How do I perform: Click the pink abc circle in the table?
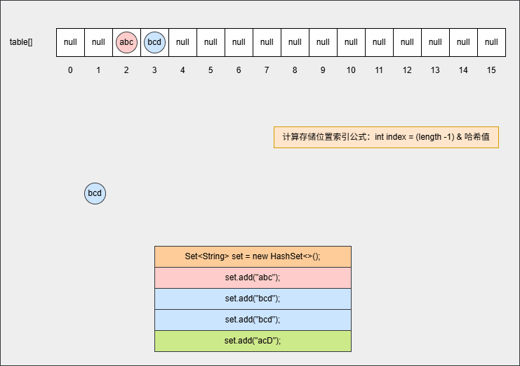click(126, 42)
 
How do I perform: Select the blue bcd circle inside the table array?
click(154, 42)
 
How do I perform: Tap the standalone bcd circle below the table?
click(95, 193)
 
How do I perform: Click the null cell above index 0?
click(70, 42)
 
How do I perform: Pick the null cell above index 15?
click(491, 42)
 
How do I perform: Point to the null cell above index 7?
click(267, 42)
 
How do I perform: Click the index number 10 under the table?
click(351, 70)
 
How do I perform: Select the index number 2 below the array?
click(126, 70)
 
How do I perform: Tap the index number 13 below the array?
click(435, 70)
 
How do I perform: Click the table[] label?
click(21, 42)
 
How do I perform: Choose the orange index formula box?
click(386, 137)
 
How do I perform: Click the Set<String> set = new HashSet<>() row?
click(253, 256)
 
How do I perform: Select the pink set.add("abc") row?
click(253, 277)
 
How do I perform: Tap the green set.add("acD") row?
click(253, 341)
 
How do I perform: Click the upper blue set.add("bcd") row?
click(253, 299)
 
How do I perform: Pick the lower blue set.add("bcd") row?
click(253, 320)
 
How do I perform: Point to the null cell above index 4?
click(182, 42)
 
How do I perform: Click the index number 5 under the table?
click(211, 70)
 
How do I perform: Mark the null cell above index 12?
click(407, 42)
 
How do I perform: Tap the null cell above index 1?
click(98, 42)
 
